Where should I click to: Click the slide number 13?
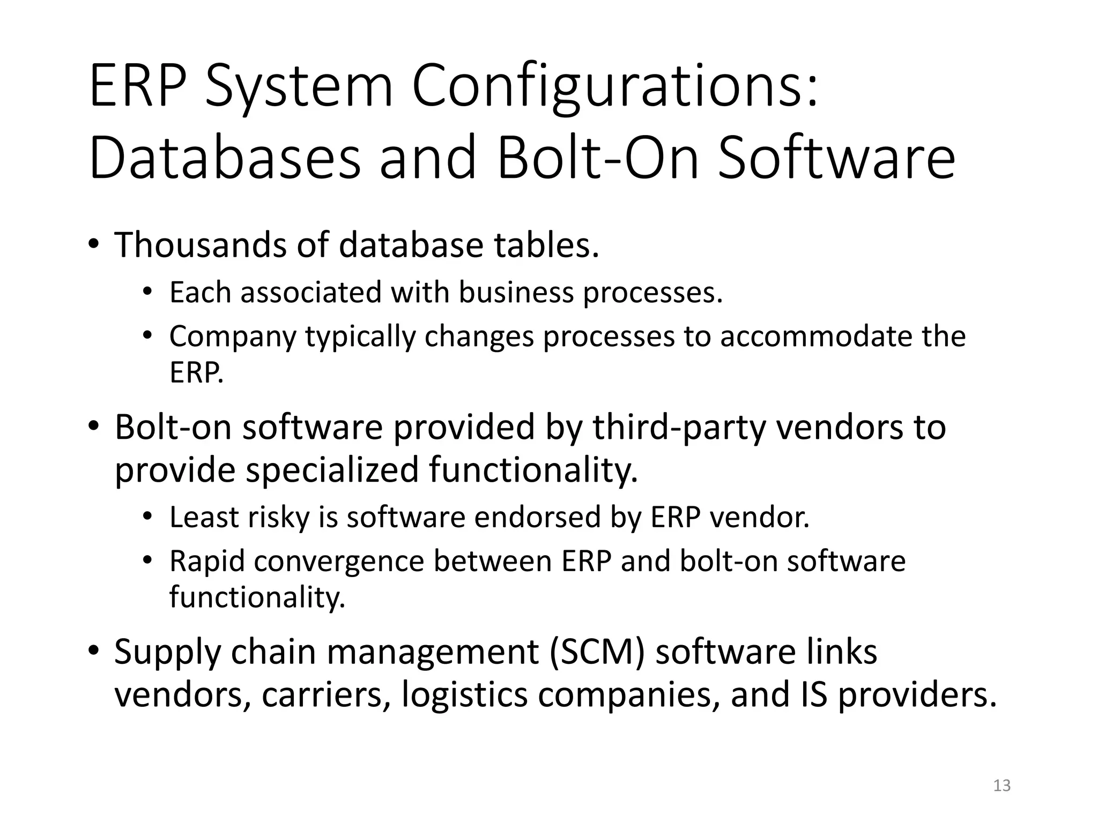1001,785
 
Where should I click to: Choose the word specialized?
332,470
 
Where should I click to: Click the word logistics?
464,695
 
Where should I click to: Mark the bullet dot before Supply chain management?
94,650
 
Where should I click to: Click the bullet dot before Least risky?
148,516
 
